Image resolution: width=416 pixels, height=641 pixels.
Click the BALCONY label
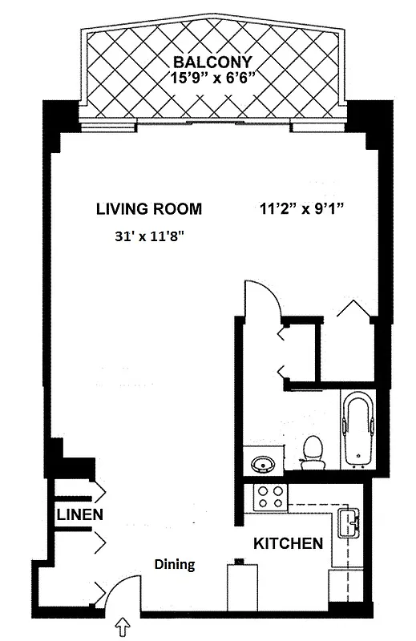[215, 62]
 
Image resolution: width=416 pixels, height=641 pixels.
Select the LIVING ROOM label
[149, 209]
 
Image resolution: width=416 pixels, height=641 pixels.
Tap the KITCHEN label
[289, 543]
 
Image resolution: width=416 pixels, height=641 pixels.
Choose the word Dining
[175, 564]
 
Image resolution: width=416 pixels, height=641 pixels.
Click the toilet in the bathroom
[312, 452]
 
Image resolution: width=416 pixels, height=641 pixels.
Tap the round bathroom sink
[261, 463]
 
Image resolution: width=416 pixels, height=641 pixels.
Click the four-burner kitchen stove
[270, 497]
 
